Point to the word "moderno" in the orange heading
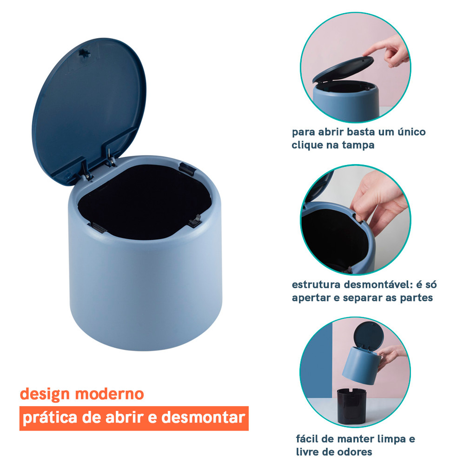click(109, 394)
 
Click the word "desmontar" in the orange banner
click(203, 417)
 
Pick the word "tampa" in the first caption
click(358, 145)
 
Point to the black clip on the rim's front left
click(98, 228)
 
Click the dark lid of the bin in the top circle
click(343, 69)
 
